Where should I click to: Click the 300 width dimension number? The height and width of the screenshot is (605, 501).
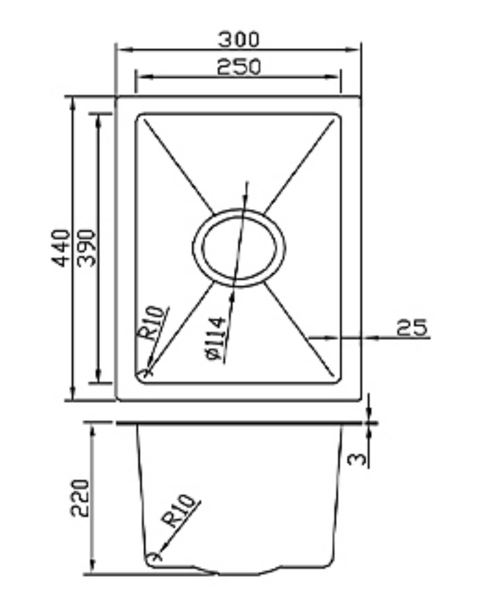(x=238, y=39)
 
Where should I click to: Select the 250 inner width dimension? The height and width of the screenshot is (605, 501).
(x=238, y=67)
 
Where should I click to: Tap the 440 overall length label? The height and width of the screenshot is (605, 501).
(x=62, y=247)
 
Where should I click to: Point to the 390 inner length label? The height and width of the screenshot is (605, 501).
(x=87, y=247)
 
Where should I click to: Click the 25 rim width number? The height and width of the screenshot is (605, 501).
(x=412, y=328)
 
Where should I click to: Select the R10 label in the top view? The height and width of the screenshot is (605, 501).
(x=152, y=323)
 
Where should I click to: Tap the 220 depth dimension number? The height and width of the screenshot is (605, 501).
(x=80, y=497)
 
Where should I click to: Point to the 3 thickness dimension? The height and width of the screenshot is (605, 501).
(x=357, y=458)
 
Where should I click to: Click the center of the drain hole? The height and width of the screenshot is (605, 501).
(x=239, y=247)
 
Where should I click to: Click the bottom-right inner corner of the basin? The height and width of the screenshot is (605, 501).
(x=338, y=381)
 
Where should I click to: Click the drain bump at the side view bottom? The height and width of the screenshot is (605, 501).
(x=239, y=573)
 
